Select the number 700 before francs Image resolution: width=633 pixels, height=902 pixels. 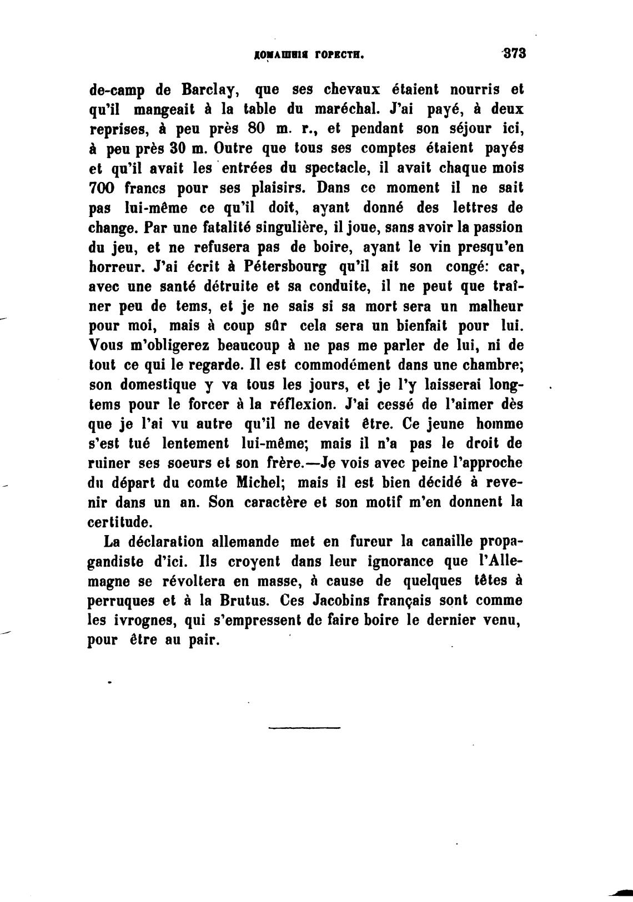[101, 188]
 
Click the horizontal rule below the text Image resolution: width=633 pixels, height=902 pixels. [304, 727]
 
